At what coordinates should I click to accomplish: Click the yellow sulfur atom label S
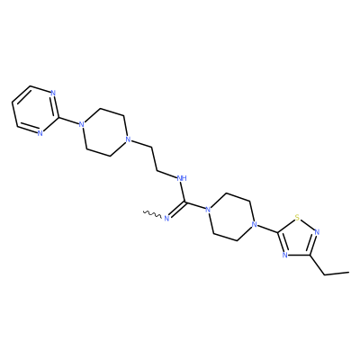point(297,217)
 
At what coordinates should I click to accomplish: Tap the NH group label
point(182,178)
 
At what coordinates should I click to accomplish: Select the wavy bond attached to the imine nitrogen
point(152,214)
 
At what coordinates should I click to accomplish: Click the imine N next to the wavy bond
point(167,218)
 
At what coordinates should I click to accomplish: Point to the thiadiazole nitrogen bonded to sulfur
point(318,232)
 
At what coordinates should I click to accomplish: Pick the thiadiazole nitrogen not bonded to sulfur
point(285,255)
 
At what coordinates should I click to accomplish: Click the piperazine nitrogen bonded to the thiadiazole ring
point(255,224)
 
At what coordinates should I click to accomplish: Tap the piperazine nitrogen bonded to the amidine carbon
point(208,209)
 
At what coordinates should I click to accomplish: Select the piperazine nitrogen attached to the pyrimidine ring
point(80,124)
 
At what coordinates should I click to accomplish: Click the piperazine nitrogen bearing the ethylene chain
point(128,139)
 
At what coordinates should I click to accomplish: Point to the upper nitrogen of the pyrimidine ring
point(53,93)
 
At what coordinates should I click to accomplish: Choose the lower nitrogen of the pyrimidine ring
point(40,133)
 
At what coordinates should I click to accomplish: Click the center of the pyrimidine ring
point(35,110)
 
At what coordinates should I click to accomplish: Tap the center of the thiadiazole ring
point(297,238)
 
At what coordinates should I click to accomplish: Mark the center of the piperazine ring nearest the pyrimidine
point(103,131)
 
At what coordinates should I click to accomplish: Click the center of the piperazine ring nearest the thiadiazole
point(231,217)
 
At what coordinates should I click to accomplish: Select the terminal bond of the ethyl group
point(337,274)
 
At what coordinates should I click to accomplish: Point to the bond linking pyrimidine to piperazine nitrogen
point(67,120)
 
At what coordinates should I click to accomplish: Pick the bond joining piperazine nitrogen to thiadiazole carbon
point(267,229)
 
